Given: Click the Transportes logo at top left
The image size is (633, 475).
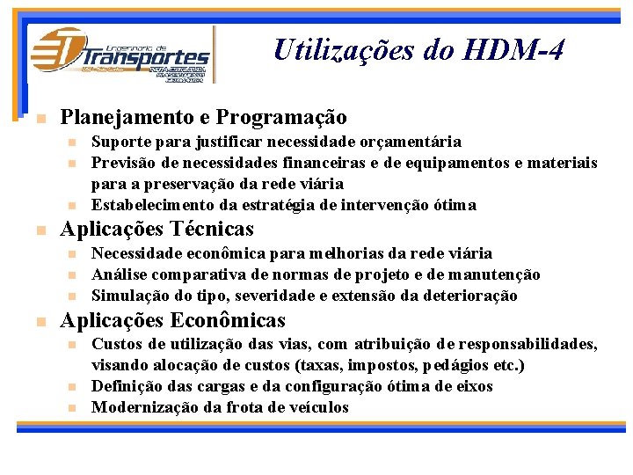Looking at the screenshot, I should click(x=120, y=55).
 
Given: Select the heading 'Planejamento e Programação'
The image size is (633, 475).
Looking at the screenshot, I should click(x=203, y=117).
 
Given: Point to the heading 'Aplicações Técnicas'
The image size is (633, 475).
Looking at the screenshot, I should click(x=156, y=230).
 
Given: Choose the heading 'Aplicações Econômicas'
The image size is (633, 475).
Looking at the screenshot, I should click(x=172, y=320).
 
